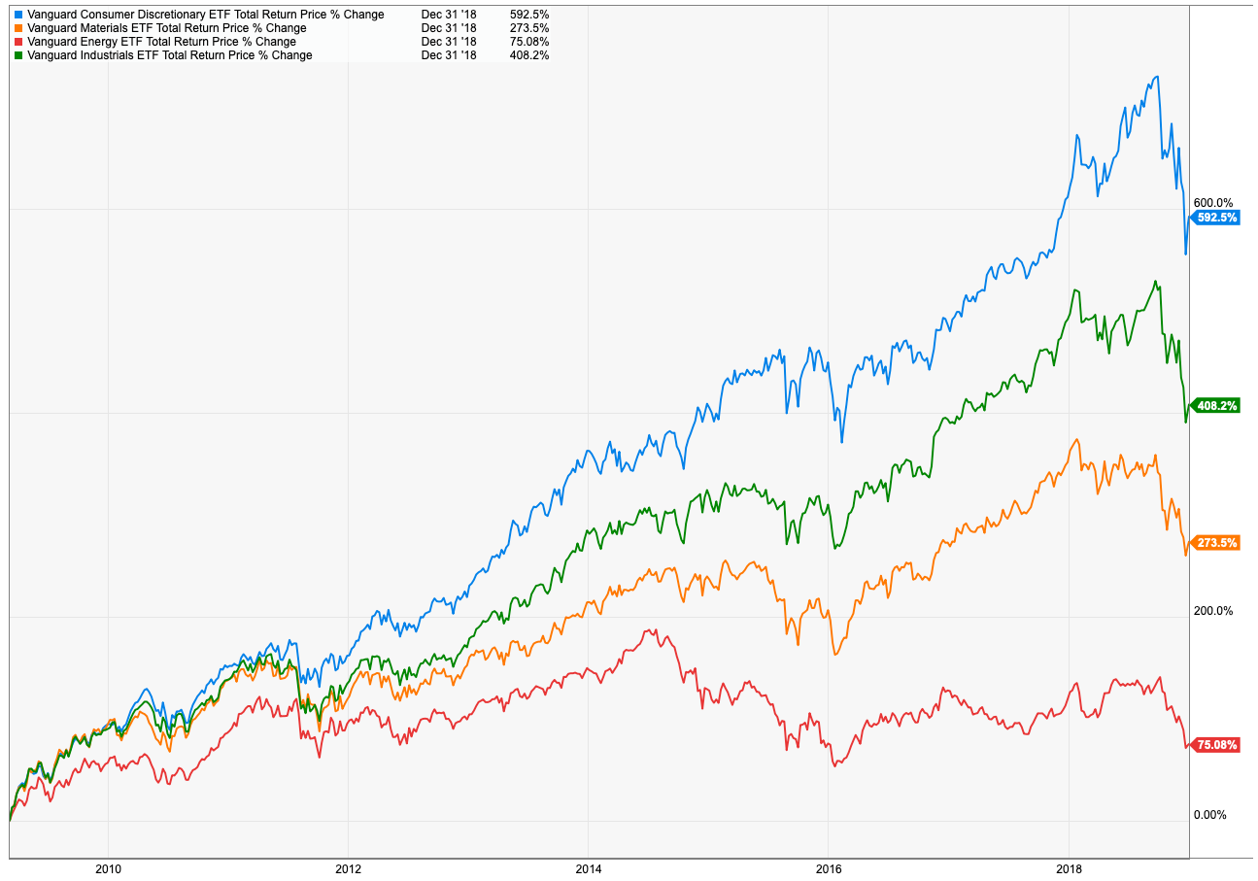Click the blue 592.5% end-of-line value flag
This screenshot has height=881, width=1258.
click(1217, 218)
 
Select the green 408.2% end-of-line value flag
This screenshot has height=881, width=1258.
click(1217, 406)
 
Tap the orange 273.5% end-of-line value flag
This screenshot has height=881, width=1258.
click(1217, 543)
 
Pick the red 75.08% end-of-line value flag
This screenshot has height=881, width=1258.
click(1217, 745)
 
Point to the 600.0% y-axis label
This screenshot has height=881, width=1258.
click(1213, 202)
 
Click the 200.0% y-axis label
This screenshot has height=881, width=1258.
click(1213, 611)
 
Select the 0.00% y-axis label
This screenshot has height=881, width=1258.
click(1210, 815)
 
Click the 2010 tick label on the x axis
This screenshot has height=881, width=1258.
click(109, 869)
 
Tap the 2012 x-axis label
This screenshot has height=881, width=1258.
click(348, 869)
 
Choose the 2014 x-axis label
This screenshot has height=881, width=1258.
click(588, 869)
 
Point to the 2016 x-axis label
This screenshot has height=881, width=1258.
click(828, 869)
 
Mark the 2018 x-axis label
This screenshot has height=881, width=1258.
click(1068, 869)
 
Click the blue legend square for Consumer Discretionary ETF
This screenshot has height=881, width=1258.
click(18, 15)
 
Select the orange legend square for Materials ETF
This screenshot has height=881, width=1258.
click(18, 28)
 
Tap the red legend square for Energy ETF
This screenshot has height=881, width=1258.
click(18, 42)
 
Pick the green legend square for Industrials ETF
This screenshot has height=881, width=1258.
click(18, 55)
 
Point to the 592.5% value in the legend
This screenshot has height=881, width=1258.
click(528, 15)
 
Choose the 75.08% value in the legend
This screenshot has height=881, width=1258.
click(529, 42)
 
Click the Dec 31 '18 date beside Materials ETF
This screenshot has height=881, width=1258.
click(449, 28)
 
